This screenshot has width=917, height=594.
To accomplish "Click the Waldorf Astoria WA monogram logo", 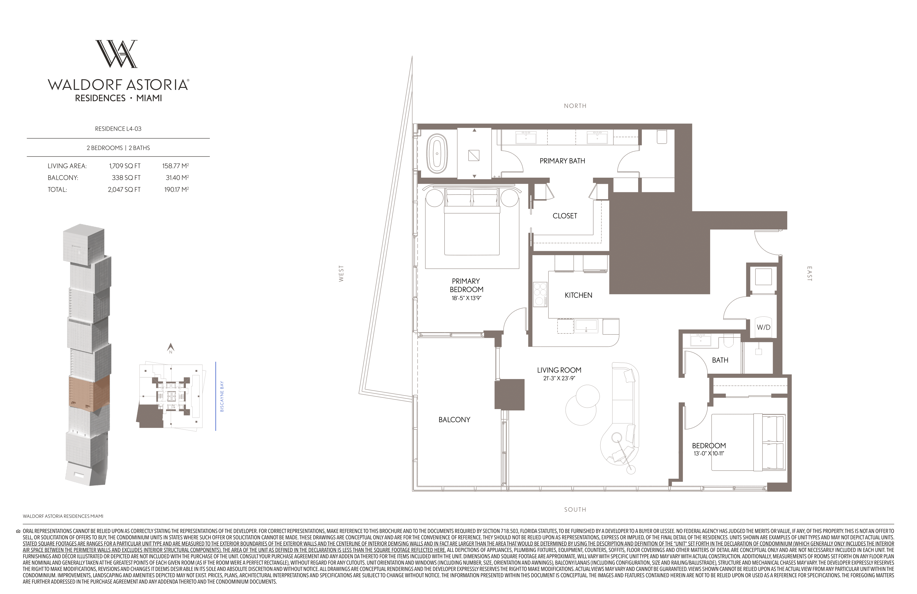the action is point(116,54).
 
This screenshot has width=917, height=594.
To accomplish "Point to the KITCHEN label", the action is point(578,295).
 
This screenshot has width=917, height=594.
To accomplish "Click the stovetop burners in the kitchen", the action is point(540,294).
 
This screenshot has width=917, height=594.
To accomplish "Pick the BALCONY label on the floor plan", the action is point(454,420).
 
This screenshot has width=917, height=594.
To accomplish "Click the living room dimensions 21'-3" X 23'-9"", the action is point(559,378).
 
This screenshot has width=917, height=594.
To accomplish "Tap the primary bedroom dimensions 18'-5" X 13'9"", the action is point(466,298).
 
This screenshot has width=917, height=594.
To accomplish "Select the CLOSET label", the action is point(565,216).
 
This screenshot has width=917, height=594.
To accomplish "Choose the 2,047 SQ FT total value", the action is point(124,190).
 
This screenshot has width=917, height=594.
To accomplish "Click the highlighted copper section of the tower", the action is point(89,391).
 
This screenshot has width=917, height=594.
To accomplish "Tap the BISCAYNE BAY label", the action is point(222,397).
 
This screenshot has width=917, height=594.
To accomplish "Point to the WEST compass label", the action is point(341,274).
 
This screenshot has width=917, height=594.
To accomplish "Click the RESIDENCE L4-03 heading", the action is point(118,129).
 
